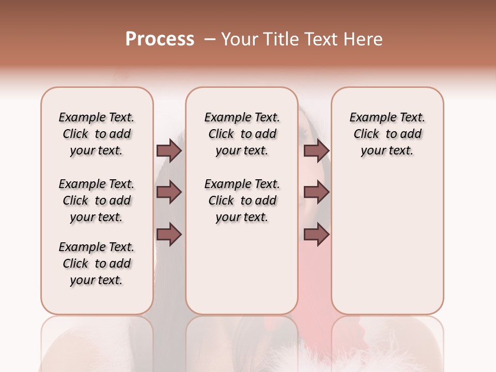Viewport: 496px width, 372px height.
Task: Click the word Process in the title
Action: click(x=160, y=39)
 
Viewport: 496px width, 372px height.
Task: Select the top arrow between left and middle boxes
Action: click(x=169, y=151)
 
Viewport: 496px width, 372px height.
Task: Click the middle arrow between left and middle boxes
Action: click(x=169, y=192)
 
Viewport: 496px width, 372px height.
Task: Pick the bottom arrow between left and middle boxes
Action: click(x=169, y=234)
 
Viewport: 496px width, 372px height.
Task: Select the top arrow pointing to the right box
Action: click(x=316, y=151)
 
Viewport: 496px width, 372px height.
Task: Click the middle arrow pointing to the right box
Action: click(x=316, y=192)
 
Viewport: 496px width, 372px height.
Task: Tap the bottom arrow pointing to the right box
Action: click(x=316, y=234)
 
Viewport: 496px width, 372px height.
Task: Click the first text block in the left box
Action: click(x=97, y=134)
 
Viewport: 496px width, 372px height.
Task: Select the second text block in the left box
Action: click(x=97, y=200)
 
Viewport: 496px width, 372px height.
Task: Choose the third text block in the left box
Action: click(x=97, y=263)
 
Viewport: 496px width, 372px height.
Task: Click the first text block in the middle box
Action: click(x=242, y=134)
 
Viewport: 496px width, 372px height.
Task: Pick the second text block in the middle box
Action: click(x=242, y=200)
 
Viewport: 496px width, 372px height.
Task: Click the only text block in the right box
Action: click(x=388, y=134)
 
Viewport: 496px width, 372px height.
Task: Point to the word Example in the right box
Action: click(x=371, y=118)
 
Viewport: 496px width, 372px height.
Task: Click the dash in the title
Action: click(x=210, y=39)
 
